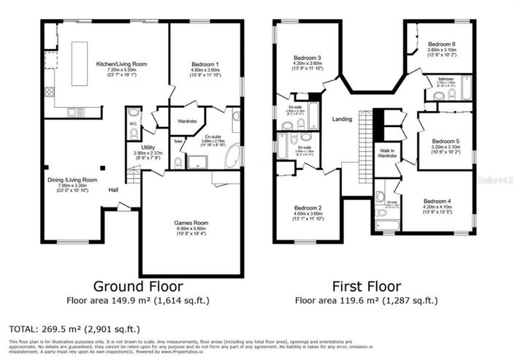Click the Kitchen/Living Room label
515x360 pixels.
(x=122, y=64)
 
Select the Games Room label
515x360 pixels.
(x=191, y=222)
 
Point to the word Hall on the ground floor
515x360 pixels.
(x=114, y=191)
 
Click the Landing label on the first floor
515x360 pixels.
(x=341, y=119)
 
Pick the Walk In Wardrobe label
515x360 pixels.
(x=386, y=153)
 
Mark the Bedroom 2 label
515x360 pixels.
(x=308, y=207)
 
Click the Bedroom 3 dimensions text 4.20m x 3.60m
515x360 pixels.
(x=308, y=64)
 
